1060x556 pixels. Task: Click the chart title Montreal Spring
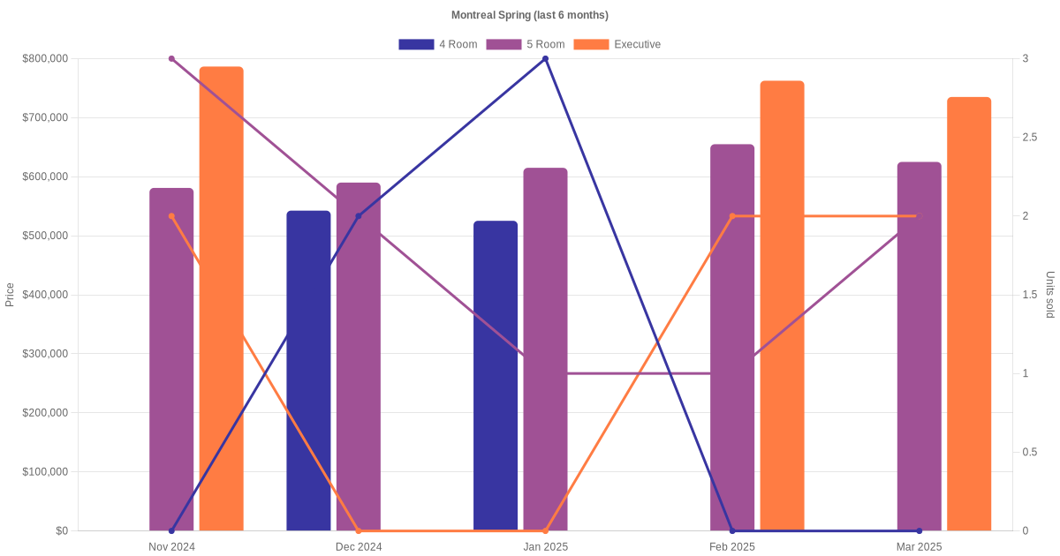pyautogui.click(x=529, y=15)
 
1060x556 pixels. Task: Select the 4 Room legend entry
pyautogui.click(x=438, y=44)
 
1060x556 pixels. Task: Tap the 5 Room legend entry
pyautogui.click(x=525, y=44)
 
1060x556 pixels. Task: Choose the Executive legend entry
pyautogui.click(x=617, y=44)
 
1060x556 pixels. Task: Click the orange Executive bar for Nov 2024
pyautogui.click(x=221, y=300)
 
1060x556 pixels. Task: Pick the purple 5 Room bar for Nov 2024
pyautogui.click(x=171, y=362)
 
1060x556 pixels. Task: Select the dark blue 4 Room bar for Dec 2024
pyautogui.click(x=308, y=371)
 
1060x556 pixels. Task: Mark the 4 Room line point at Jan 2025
pyautogui.click(x=545, y=59)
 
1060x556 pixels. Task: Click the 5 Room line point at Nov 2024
pyautogui.click(x=171, y=59)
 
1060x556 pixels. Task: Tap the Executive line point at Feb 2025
pyautogui.click(x=732, y=216)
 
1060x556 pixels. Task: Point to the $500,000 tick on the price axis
pyautogui.click(x=45, y=236)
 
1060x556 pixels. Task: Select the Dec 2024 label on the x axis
pyautogui.click(x=359, y=547)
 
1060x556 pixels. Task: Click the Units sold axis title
pyautogui.click(x=1049, y=295)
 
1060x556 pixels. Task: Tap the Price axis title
pyautogui.click(x=10, y=295)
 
